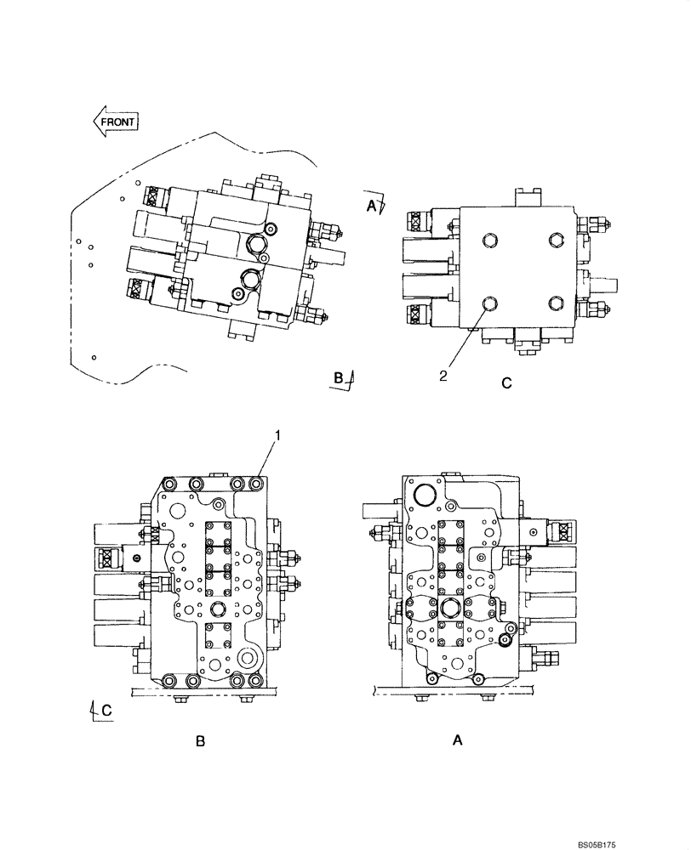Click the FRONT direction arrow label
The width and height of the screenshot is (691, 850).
point(116,121)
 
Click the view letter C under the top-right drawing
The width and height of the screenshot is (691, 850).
point(505,383)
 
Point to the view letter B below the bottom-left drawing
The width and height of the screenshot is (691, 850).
point(200,741)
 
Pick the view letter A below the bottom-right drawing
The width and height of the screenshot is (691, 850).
point(457,740)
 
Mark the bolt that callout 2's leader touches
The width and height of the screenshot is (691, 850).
point(488,304)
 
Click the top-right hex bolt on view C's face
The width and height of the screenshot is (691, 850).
point(556,240)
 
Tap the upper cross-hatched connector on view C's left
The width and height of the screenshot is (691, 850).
point(416,224)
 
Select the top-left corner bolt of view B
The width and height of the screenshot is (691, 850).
point(168,484)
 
